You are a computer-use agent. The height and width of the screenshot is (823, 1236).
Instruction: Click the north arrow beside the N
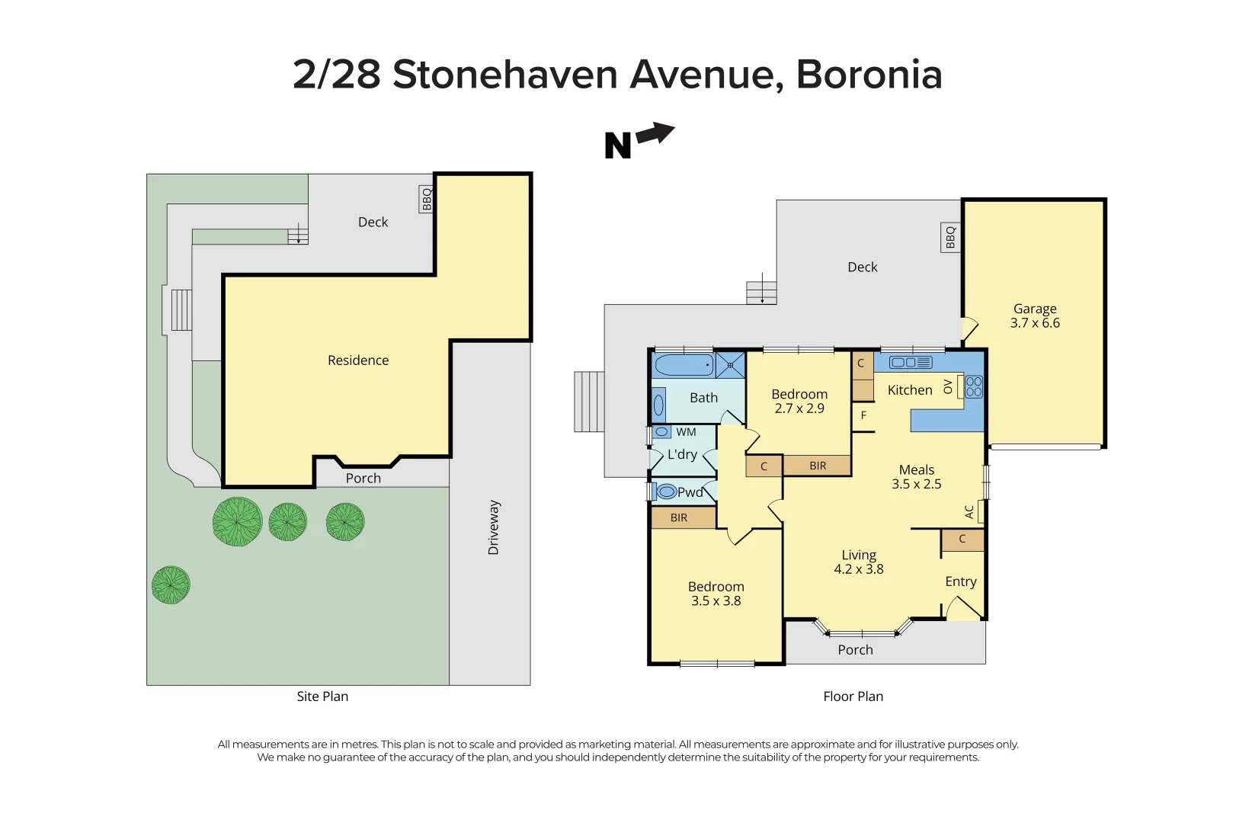[656, 134]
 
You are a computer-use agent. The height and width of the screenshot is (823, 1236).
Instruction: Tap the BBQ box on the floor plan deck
[950, 238]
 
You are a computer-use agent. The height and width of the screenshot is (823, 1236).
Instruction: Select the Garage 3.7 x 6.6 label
[1035, 315]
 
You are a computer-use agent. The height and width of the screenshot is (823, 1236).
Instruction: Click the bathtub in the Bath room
[684, 365]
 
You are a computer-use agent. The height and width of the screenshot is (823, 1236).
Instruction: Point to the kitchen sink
[911, 363]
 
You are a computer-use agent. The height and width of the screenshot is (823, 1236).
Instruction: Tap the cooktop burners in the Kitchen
[974, 386]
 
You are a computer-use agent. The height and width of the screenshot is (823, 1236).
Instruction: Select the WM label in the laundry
[686, 432]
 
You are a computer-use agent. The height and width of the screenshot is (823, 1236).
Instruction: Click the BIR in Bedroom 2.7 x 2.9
[818, 466]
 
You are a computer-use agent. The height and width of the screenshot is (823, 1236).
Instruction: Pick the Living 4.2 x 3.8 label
[859, 562]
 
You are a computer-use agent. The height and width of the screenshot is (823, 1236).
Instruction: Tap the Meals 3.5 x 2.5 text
[917, 477]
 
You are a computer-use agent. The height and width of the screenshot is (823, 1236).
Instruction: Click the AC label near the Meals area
[969, 512]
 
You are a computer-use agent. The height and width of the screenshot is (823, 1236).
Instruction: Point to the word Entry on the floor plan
[960, 581]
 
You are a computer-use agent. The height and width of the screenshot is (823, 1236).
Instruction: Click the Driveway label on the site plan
[494, 527]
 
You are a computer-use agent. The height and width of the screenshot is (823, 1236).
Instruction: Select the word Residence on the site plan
[358, 360]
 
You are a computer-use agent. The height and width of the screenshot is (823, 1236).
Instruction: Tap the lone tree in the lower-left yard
[171, 585]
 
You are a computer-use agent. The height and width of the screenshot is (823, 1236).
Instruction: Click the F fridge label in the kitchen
[863, 415]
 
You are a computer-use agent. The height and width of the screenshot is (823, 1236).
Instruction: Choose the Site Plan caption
[322, 697]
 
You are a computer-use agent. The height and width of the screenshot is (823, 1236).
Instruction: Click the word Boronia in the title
[869, 75]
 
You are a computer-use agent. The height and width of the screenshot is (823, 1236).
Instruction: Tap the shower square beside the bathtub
[730, 366]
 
